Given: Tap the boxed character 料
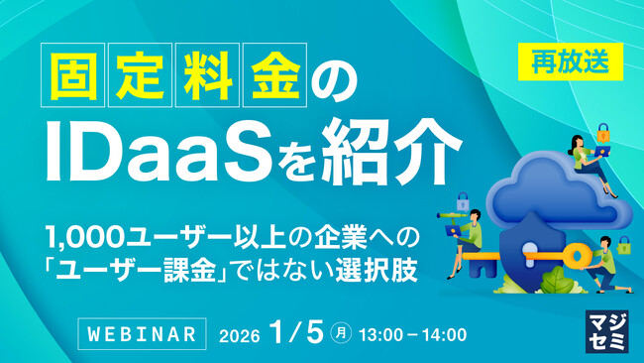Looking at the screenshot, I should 209,76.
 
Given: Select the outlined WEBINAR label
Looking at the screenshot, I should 142,334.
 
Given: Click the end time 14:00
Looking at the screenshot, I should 444,335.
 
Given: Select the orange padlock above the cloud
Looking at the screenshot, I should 601,132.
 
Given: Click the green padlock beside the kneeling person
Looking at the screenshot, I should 622,245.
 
